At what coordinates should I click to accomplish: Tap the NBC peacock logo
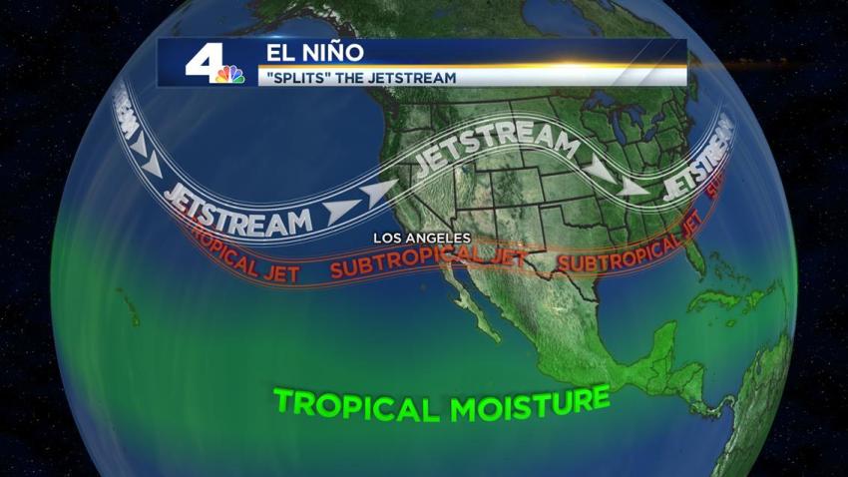pyautogui.click(x=231, y=74)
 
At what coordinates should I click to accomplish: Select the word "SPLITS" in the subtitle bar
pyautogui.click(x=295, y=77)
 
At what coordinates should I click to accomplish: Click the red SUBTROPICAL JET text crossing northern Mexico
pyautogui.click(x=431, y=263)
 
